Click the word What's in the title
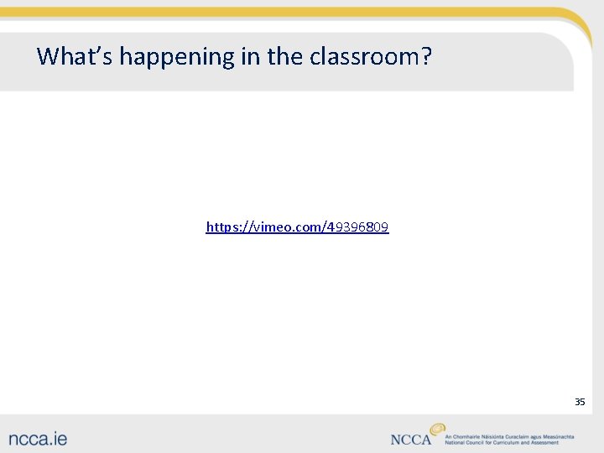pyautogui.click(x=75, y=56)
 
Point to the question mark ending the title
pyautogui.click(x=426, y=56)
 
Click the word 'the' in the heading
pyautogui.click(x=285, y=56)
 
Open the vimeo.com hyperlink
pyautogui.click(x=297, y=227)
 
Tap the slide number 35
pyautogui.click(x=580, y=402)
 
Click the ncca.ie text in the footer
pyautogui.click(x=39, y=438)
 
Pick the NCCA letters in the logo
pyautogui.click(x=411, y=440)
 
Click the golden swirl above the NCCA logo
pyautogui.click(x=437, y=429)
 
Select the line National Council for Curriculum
pyautogui.click(x=502, y=443)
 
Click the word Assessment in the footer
pyautogui.click(x=544, y=443)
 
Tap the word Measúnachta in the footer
pyautogui.click(x=555, y=436)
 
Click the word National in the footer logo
pyautogui.click(x=456, y=443)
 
